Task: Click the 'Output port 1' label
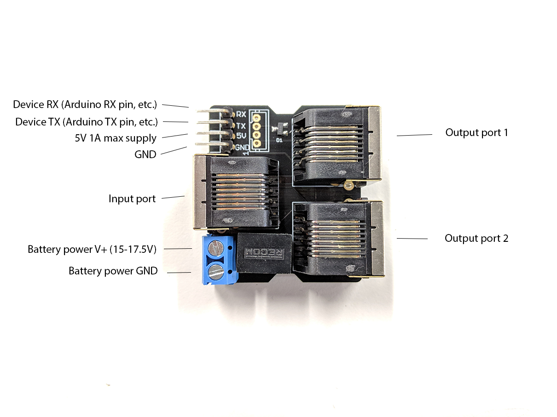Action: pos(476,133)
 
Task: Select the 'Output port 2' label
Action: pos(476,239)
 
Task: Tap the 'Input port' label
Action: pos(132,199)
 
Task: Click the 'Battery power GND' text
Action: pos(113,271)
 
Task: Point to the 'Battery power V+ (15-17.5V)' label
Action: pos(92,249)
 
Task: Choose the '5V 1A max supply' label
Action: pos(116,138)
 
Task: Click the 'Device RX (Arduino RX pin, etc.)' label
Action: pos(85,105)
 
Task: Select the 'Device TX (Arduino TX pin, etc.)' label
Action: pos(87,122)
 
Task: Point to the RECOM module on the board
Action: pos(264,253)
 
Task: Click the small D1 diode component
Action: pos(279,128)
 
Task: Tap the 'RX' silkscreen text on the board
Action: pos(241,114)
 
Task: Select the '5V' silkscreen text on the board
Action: pos(241,136)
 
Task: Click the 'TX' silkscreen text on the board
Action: pos(241,126)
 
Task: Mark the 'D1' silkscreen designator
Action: pos(279,140)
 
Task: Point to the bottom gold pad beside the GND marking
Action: pos(256,143)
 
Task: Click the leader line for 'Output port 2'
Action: pos(412,239)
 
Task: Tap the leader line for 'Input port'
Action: pos(173,197)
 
